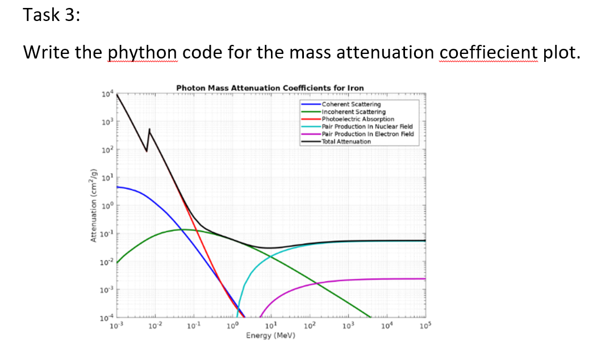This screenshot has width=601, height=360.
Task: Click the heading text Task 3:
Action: click(x=52, y=15)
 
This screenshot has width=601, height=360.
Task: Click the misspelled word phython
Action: click(x=142, y=52)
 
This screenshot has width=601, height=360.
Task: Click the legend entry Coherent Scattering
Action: click(x=351, y=104)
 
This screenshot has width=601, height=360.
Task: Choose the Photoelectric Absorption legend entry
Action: click(x=357, y=119)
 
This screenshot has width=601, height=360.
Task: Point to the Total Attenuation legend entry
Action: click(x=346, y=141)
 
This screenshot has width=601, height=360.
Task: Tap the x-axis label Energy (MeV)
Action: click(x=270, y=336)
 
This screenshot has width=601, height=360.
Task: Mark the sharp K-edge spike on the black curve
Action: click(x=149, y=130)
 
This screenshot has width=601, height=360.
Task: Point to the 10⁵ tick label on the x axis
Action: click(x=424, y=325)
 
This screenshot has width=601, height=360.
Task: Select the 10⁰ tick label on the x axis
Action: click(x=232, y=325)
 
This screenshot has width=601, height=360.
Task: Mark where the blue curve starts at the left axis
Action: click(x=118, y=186)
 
